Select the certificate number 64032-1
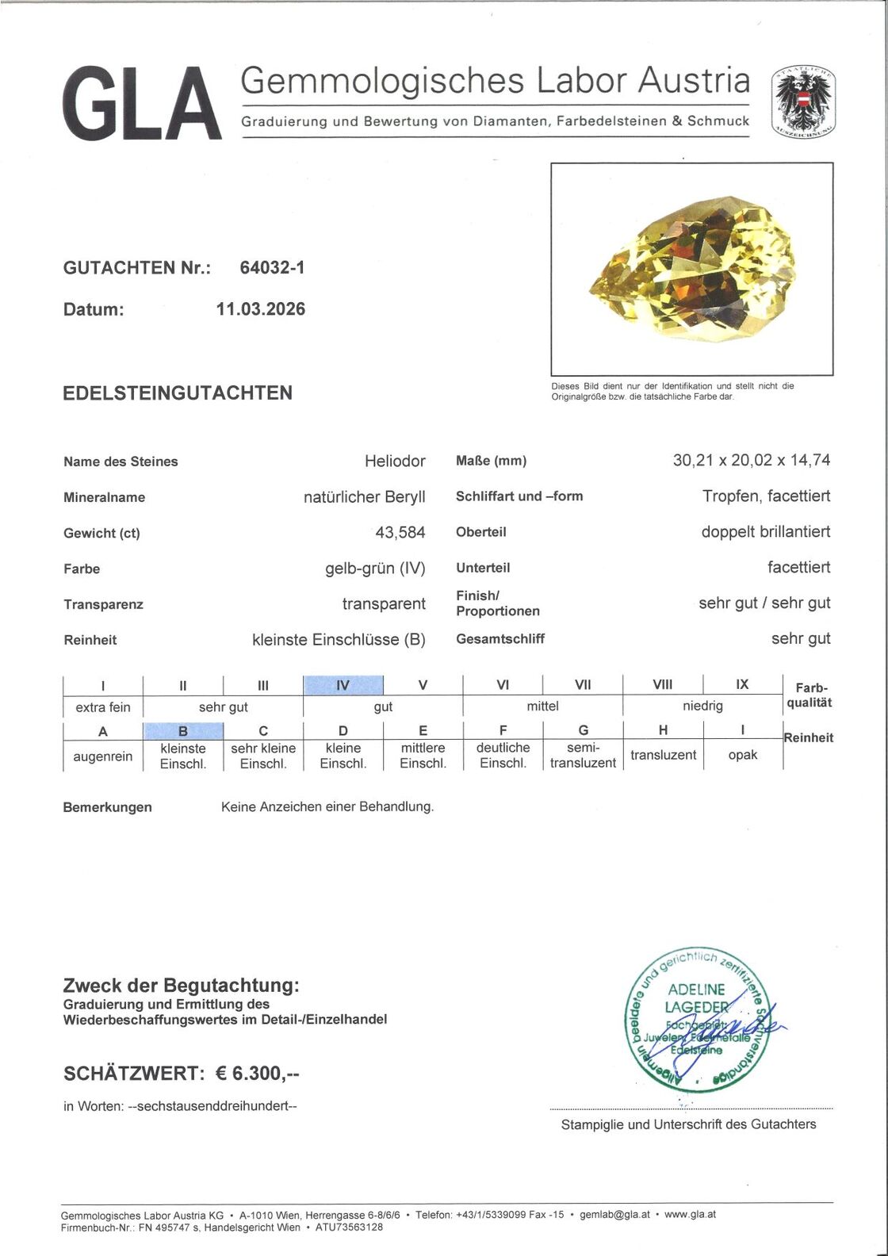[272, 268]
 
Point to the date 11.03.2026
[261, 309]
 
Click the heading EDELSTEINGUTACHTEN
[178, 393]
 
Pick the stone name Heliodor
[395, 461]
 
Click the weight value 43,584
[400, 533]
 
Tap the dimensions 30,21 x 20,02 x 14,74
[751, 460]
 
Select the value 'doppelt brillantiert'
[765, 531]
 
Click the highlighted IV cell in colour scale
[343, 685]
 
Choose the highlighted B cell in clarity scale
[183, 731]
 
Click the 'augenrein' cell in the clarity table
[102, 756]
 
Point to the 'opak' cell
[742, 755]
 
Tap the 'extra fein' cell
[103, 707]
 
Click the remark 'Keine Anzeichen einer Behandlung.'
[327, 807]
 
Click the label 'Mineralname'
[105, 498]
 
